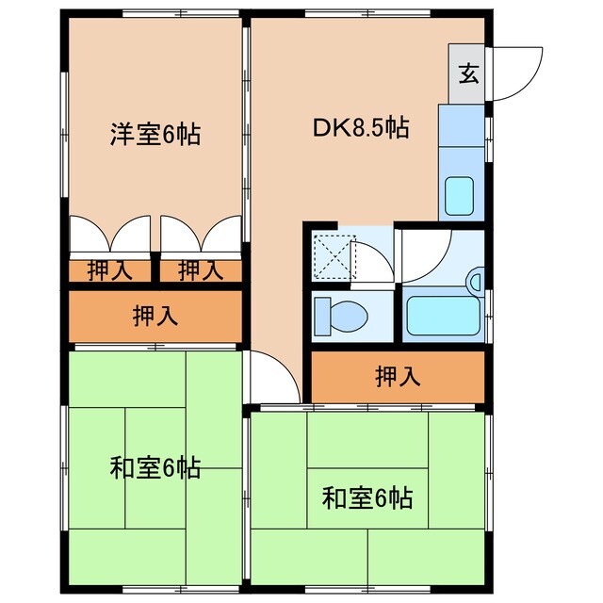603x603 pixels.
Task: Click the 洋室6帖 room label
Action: pos(155,135)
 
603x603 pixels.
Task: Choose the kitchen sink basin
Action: pos(461,197)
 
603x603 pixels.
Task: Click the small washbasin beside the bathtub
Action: pos(475,281)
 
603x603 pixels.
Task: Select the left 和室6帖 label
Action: pos(155,467)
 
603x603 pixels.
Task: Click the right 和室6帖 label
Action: pos(367,497)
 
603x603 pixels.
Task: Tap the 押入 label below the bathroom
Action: pos(398,378)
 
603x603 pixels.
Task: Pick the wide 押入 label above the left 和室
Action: pos(155,317)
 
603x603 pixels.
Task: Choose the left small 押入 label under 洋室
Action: pos(109,271)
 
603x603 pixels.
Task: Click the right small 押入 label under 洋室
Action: pos(200,271)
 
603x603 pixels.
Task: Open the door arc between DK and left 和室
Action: pos(269,377)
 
